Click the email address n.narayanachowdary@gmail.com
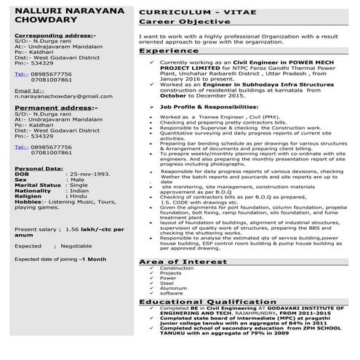63,96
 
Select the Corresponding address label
55,35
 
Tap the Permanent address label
51,107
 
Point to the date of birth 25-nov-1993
91,175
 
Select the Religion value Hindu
79,196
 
